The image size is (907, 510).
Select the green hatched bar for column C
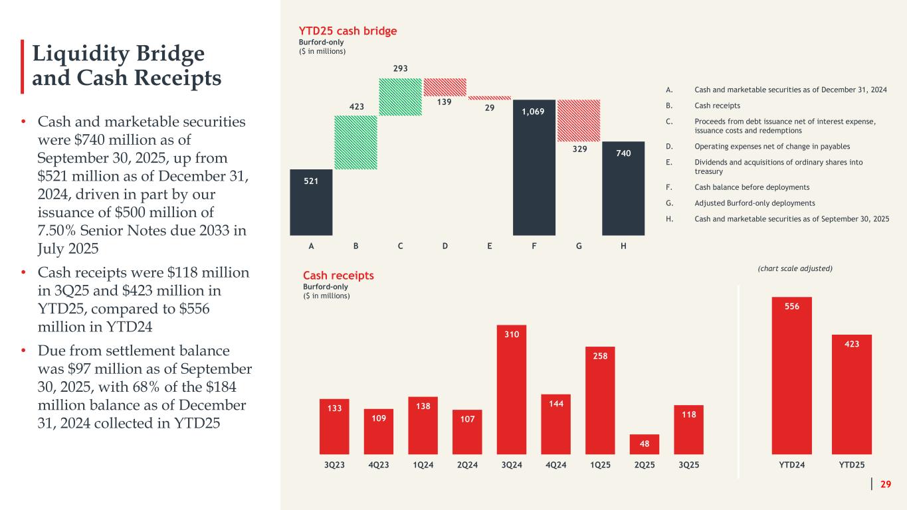click(x=401, y=97)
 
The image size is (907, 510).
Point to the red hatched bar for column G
click(x=579, y=120)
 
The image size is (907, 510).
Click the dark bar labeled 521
click(x=312, y=203)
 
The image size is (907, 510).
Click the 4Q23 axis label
click(x=378, y=465)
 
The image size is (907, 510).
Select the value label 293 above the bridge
click(x=400, y=68)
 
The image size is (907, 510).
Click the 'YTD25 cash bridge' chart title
click(x=350, y=31)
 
